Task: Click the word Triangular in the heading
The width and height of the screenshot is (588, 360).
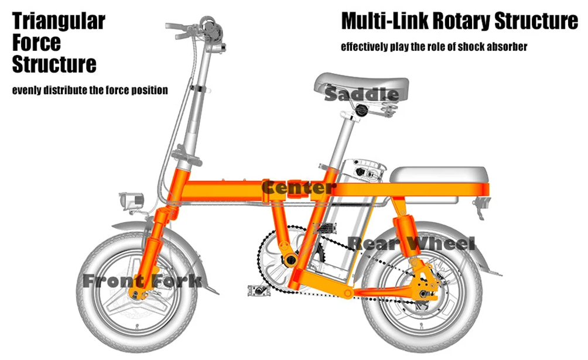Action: point(59,22)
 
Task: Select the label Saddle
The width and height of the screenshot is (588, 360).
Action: point(361,94)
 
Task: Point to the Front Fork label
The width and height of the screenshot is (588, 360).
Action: point(142,280)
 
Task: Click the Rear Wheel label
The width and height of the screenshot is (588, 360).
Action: point(411,244)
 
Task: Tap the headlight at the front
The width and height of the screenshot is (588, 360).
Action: point(131,201)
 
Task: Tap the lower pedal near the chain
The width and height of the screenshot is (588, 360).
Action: point(258,290)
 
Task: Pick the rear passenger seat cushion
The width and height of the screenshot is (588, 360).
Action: point(439,175)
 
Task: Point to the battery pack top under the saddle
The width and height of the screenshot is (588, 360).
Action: point(363,170)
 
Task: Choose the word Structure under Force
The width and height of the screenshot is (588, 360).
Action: point(54,64)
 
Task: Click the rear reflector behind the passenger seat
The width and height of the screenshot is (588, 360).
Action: point(482,207)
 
